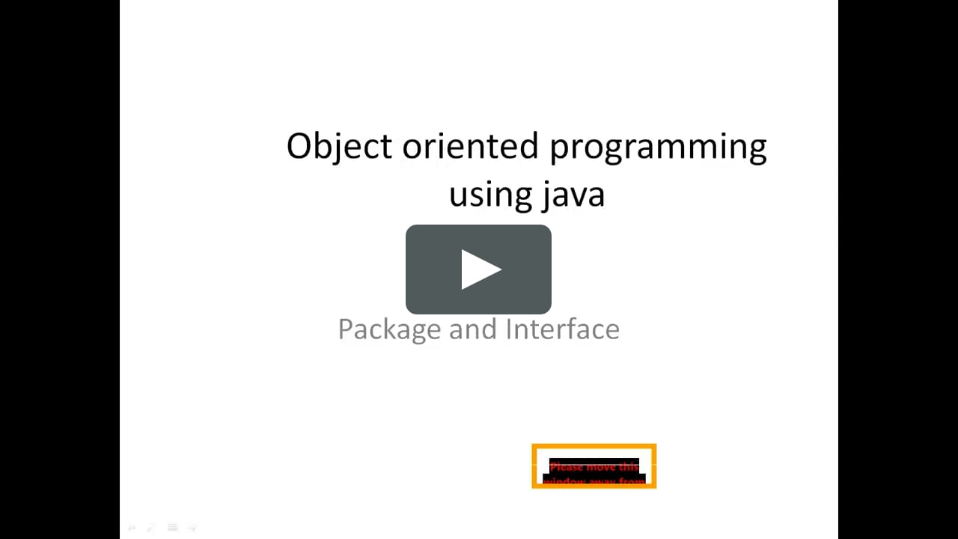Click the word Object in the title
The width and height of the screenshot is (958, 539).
pos(339,146)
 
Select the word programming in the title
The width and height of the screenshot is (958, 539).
pos(659,147)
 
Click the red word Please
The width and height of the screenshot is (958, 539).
pos(567,467)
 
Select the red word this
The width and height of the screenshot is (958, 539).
pos(629,467)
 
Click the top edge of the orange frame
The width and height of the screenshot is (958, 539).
pos(594,445)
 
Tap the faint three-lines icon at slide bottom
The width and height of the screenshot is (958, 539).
pos(172,527)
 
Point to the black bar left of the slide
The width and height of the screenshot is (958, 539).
pos(60,269)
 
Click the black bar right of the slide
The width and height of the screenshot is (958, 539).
pos(898,269)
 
